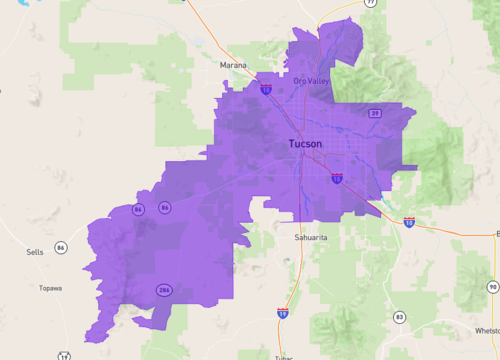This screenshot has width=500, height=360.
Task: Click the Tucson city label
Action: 305,144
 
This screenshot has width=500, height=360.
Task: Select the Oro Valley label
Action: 311,81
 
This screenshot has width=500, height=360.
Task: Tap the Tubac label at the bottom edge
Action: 283,355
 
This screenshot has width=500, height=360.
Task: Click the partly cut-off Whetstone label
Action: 483,329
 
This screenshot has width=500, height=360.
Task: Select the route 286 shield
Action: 163,290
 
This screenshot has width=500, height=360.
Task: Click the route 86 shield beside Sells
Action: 61,247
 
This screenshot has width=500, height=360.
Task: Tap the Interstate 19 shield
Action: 284,313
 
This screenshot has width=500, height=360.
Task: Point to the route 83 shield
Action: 399,317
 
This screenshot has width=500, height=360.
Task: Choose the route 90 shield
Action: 492,287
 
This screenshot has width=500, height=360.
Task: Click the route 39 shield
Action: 374,114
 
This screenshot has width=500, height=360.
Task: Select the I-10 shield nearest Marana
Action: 266,89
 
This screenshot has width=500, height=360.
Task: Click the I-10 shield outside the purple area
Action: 409,221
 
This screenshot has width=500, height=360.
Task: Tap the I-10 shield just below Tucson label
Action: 337,178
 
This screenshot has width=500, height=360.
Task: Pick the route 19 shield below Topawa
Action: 64,355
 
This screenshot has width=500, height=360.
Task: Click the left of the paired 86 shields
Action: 137,209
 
